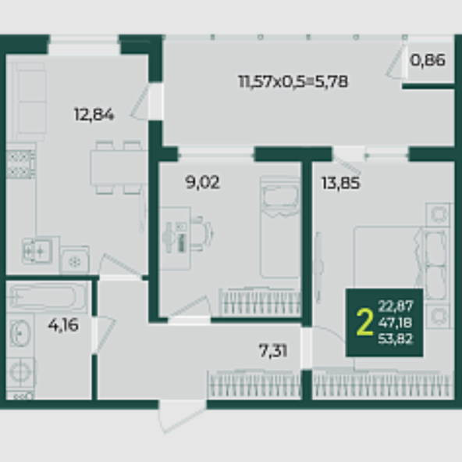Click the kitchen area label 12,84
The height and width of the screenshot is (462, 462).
tap(94, 115)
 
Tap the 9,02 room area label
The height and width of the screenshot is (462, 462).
tap(202, 182)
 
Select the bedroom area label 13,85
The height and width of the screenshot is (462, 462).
tap(340, 183)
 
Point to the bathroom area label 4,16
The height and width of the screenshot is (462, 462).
tap(63, 325)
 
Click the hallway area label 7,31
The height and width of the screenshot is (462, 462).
tap(273, 351)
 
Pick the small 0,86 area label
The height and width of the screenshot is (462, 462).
tap(428, 60)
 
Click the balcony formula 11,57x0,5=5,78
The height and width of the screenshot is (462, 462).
tap(293, 81)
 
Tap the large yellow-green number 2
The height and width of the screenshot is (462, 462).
tap(364, 323)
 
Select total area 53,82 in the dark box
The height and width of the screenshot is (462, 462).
tap(395, 339)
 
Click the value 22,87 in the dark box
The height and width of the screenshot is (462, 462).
tap(396, 306)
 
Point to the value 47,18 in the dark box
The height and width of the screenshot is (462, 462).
tap(395, 323)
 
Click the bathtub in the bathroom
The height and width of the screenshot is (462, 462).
tap(47, 297)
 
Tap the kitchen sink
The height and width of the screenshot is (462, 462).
tap(37, 251)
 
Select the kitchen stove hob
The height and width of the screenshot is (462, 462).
tap(20, 164)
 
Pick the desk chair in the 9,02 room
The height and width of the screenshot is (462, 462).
tap(201, 233)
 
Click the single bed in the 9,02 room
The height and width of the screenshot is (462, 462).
tap(280, 227)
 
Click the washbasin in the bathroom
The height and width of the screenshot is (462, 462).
tap(20, 334)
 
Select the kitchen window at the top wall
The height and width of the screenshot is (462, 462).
tap(84, 45)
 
